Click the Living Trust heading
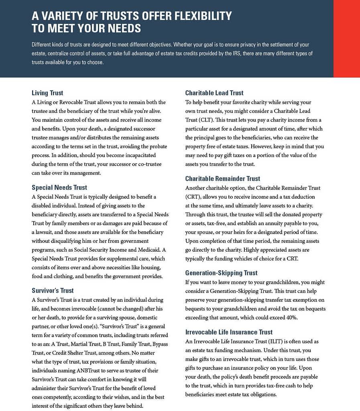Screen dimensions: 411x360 click(x=47, y=93)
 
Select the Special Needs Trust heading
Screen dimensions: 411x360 click(x=59, y=187)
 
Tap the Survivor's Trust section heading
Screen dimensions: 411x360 click(x=53, y=291)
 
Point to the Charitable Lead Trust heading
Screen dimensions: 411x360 click(x=214, y=93)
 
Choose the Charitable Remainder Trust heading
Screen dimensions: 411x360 click(x=223, y=179)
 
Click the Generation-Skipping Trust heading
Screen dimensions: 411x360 click(x=221, y=273)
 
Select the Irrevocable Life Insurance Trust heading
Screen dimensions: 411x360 click(x=229, y=332)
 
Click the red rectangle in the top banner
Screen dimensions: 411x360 click(x=346, y=39)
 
